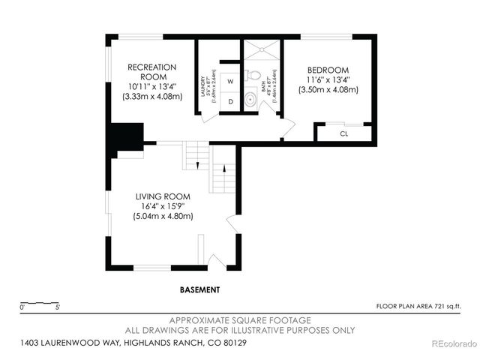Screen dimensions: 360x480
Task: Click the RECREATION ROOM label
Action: tap(151, 71)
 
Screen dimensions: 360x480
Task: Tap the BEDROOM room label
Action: tap(328, 70)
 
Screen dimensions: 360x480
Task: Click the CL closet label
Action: tap(344, 133)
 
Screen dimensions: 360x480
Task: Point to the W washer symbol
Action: tap(230, 80)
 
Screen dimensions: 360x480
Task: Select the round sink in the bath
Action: tap(250, 102)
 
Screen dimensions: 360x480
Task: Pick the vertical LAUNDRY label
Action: tap(203, 82)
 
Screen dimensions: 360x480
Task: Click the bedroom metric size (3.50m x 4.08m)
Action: tap(328, 90)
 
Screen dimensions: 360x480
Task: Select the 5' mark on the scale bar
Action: tap(58, 306)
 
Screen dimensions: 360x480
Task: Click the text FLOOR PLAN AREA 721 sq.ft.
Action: tap(417, 306)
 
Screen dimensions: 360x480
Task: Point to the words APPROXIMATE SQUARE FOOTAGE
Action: tap(240, 319)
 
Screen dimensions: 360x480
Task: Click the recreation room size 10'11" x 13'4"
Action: tap(151, 86)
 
